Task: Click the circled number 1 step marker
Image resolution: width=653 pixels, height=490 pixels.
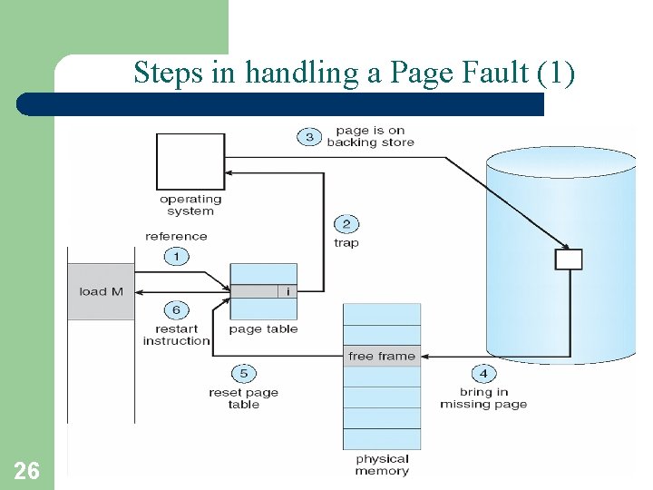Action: (176, 256)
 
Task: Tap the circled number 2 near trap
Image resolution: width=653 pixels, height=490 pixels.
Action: (346, 224)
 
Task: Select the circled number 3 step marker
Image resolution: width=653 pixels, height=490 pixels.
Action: (309, 137)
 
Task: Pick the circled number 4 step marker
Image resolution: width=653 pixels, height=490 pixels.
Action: (483, 373)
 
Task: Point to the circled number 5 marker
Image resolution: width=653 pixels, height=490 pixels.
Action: (243, 373)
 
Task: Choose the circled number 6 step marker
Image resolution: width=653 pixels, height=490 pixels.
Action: (176, 309)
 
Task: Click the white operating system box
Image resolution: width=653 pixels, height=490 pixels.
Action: (190, 162)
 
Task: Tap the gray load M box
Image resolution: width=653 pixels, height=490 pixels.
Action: (101, 291)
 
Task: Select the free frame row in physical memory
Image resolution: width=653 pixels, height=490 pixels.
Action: (382, 356)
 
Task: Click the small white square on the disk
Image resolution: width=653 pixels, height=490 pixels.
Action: (569, 260)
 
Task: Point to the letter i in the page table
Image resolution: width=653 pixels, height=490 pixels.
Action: (288, 291)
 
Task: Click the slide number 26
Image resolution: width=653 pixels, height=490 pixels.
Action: (27, 470)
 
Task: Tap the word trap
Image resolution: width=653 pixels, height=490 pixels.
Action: (346, 243)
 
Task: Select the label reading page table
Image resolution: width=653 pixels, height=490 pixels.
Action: (263, 329)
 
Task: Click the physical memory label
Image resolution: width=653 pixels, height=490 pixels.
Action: (382, 465)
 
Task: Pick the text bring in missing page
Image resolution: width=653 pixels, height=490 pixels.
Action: (483, 398)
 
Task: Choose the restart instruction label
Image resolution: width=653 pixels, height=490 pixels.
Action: (176, 335)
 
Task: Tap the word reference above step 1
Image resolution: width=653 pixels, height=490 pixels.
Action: (176, 237)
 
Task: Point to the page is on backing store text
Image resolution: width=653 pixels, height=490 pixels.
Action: (370, 136)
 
